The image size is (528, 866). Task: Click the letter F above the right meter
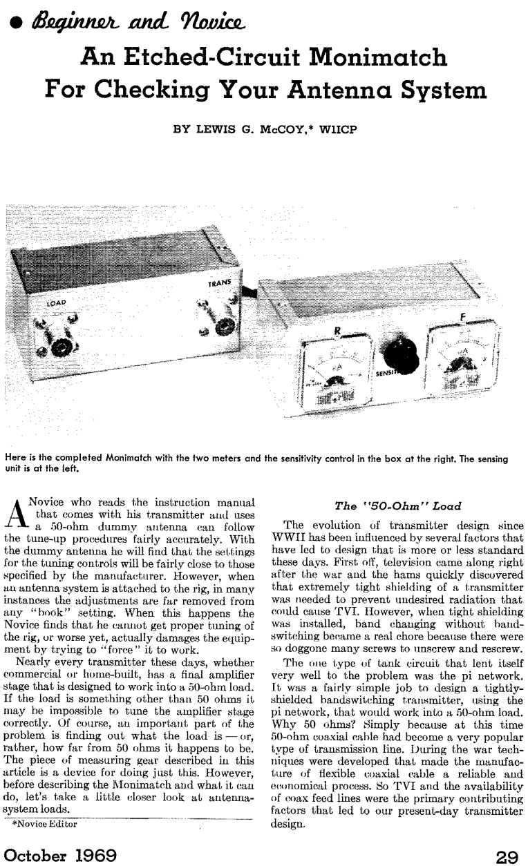click(x=462, y=319)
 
